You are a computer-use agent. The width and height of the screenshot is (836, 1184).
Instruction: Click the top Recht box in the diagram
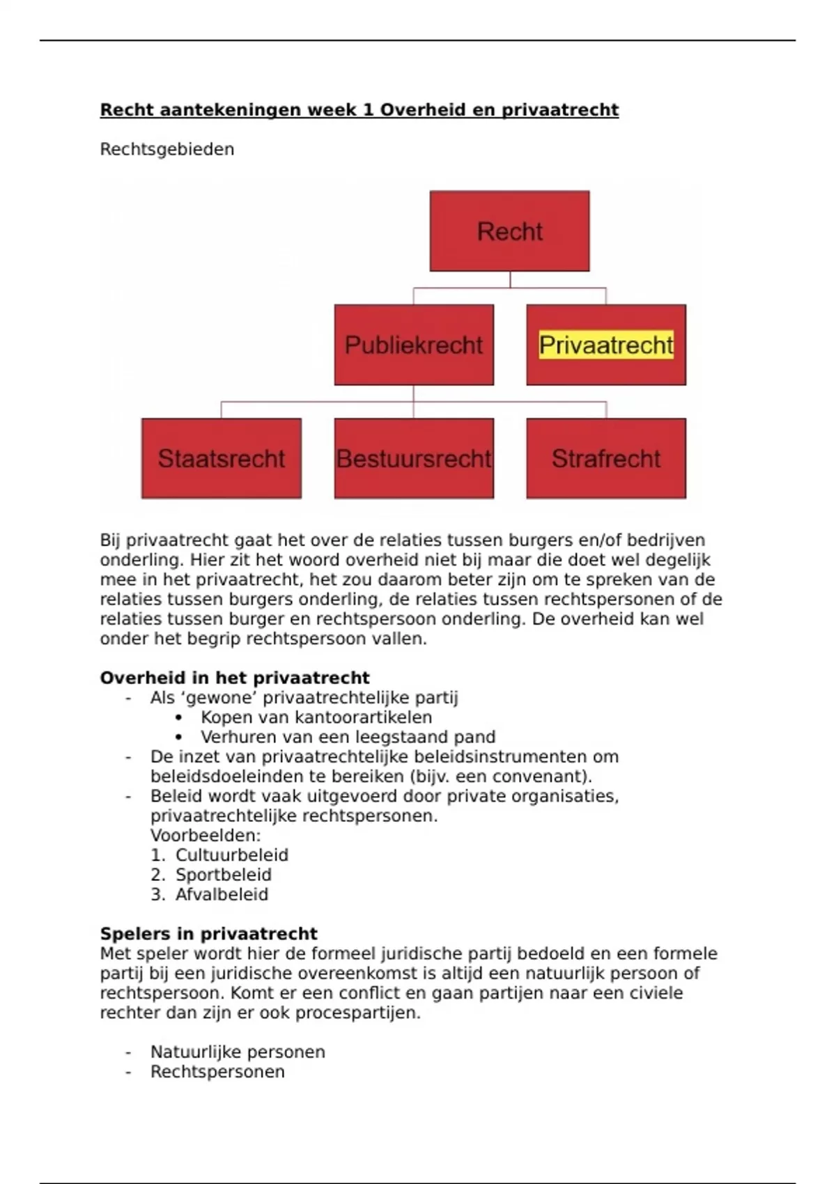click(509, 231)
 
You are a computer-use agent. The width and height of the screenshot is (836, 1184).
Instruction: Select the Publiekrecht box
click(414, 345)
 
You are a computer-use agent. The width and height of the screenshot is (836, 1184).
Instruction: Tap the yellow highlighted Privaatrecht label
click(606, 345)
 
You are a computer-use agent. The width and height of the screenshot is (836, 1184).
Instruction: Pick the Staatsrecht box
click(222, 458)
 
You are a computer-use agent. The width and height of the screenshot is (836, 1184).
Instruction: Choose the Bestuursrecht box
click(414, 458)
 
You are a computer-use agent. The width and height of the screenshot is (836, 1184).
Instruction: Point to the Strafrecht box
click(606, 458)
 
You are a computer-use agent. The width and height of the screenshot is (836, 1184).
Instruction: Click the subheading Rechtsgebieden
click(167, 149)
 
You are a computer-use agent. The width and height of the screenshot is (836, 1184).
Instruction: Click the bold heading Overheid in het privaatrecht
click(235, 678)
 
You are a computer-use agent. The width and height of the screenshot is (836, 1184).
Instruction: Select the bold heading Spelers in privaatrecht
click(208, 933)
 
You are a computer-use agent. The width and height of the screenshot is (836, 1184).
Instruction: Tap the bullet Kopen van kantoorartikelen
click(316, 717)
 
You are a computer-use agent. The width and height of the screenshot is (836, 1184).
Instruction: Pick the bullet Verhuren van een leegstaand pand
click(348, 737)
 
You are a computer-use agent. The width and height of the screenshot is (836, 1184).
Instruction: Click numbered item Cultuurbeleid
click(231, 855)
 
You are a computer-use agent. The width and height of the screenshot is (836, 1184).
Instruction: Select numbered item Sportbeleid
click(223, 875)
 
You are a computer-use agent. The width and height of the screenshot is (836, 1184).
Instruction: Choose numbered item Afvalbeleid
click(222, 894)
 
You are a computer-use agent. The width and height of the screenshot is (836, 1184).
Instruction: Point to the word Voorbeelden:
click(206, 835)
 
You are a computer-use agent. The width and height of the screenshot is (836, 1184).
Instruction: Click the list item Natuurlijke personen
click(238, 1052)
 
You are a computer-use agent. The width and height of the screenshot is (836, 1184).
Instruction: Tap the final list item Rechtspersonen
click(217, 1071)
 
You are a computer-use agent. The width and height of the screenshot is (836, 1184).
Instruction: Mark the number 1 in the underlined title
click(368, 110)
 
